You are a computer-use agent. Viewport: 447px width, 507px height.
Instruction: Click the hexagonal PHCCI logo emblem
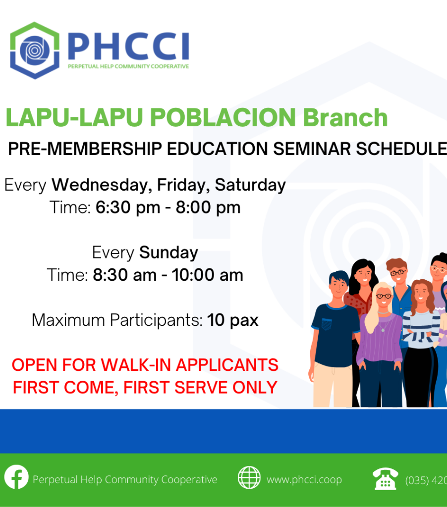point(35,51)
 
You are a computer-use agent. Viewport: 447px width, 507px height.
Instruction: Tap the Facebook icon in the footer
point(16,477)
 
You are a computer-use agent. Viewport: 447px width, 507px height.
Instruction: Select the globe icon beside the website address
point(249,478)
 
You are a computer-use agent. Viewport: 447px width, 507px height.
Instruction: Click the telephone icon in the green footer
point(385,479)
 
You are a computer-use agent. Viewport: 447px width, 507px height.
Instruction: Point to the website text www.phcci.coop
point(304,479)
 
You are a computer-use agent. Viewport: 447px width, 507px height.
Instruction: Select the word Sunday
point(168,253)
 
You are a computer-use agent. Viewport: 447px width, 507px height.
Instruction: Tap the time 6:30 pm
point(128,207)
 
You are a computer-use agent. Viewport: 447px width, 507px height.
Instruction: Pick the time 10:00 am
point(208,275)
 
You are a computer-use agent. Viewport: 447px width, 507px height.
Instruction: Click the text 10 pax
point(233,320)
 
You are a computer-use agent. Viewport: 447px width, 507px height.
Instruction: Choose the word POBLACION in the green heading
point(223,117)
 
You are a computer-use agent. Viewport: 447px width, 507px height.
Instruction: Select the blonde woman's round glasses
point(384,296)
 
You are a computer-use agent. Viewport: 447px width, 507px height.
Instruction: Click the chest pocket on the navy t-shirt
point(327,324)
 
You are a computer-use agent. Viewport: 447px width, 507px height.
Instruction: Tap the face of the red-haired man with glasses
point(398,274)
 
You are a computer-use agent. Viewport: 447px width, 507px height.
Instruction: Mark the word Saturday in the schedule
point(250,185)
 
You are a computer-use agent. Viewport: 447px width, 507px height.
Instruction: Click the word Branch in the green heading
point(345,117)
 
